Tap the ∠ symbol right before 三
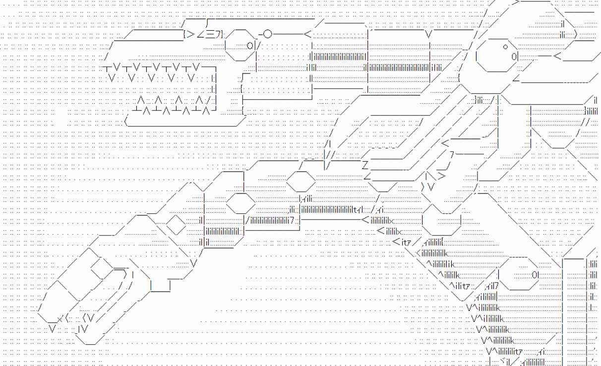201,34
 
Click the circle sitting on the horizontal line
267,34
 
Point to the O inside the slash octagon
249,46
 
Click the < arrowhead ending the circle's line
307,34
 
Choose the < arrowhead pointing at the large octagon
558,56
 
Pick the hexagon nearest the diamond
240,202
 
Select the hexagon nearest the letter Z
301,181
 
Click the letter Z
365,165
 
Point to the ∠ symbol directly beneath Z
367,176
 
